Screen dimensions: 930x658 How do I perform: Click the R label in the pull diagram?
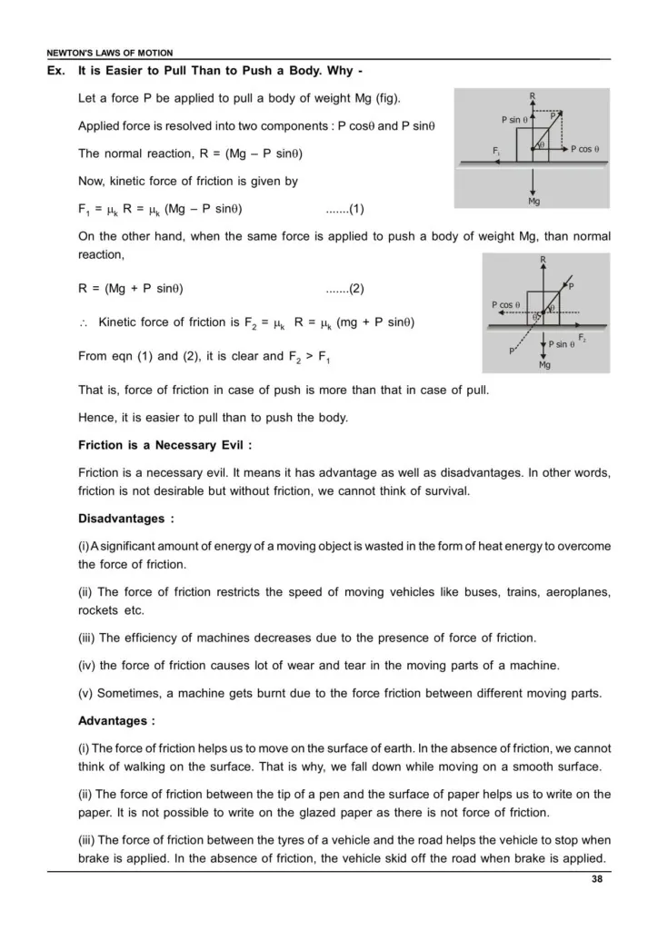533,94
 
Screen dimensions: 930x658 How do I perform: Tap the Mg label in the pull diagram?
533,202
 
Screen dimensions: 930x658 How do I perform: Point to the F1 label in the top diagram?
496,150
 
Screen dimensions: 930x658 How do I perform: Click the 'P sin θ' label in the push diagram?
562,344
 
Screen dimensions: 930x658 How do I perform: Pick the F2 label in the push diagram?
582,338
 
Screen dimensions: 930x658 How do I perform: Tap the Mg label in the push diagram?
544,365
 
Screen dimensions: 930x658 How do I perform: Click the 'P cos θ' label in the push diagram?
505,305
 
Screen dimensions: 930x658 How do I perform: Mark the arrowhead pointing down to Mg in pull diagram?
533,190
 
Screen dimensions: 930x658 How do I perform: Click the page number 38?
595,879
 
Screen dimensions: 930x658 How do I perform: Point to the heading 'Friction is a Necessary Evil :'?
164,445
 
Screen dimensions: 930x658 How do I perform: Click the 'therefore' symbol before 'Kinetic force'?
84,322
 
